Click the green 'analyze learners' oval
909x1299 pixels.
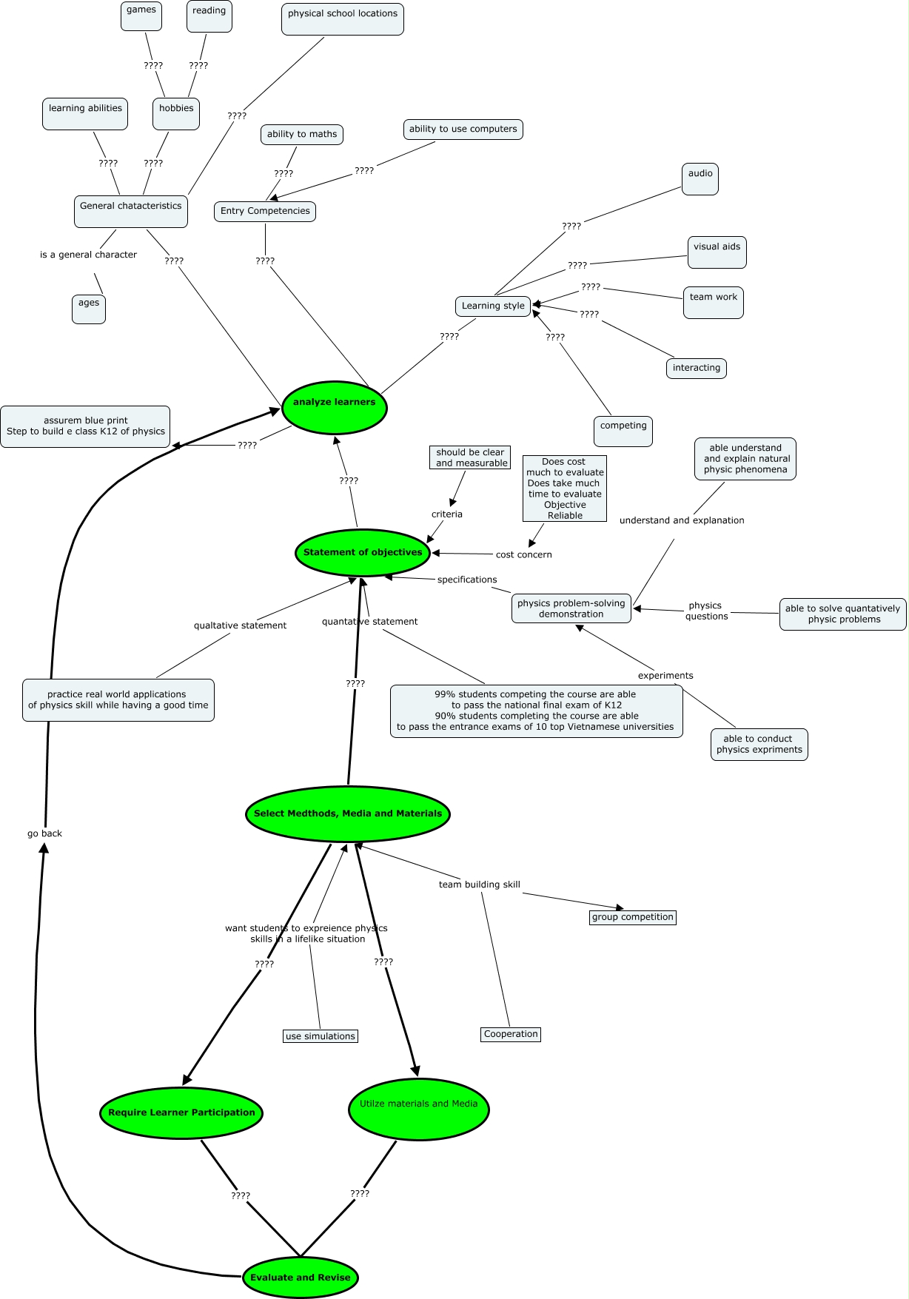click(x=335, y=407)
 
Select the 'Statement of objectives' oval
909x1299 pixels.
click(x=363, y=553)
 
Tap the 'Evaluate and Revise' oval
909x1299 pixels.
click(x=301, y=1277)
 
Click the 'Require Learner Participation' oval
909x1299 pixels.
click(x=181, y=1112)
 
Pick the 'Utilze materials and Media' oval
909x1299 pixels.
click(x=418, y=1110)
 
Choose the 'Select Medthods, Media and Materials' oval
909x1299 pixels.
click(x=348, y=813)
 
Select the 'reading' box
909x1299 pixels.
click(x=209, y=16)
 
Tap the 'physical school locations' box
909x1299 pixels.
click(x=343, y=19)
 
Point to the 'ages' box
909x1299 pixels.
click(x=89, y=309)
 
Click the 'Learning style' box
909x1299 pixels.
click(x=493, y=306)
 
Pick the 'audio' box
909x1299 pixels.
click(x=700, y=179)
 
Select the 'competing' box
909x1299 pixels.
click(x=623, y=431)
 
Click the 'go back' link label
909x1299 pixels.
click(x=44, y=833)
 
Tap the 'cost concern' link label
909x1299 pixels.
click(x=524, y=554)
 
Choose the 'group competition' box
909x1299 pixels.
click(x=633, y=917)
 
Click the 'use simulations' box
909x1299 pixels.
click(x=321, y=1036)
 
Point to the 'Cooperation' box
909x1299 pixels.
click(x=511, y=1034)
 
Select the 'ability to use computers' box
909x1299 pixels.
click(x=463, y=129)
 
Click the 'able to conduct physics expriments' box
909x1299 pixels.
click(x=759, y=744)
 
